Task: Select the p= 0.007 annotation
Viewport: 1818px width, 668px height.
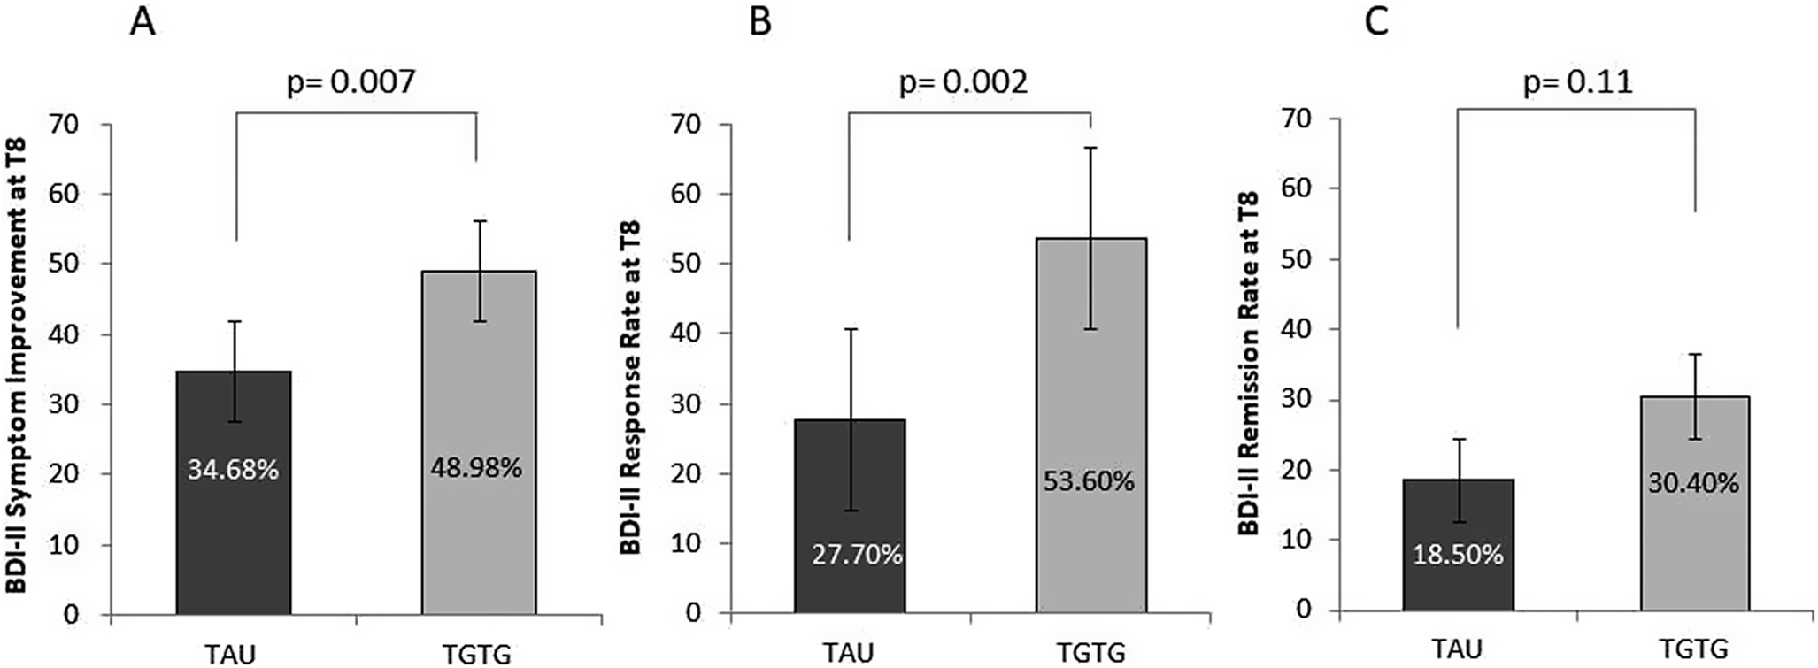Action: pyautogui.click(x=351, y=83)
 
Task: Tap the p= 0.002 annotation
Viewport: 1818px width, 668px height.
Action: pyautogui.click(x=964, y=83)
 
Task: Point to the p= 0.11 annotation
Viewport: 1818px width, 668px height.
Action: pyautogui.click(x=1577, y=83)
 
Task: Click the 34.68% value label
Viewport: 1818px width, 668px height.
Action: pyautogui.click(x=233, y=469)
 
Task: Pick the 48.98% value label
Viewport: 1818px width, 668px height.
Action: pyautogui.click(x=476, y=467)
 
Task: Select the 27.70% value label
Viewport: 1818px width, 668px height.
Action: pyautogui.click(x=857, y=555)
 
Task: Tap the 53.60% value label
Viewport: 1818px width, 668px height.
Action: pyautogui.click(x=1089, y=481)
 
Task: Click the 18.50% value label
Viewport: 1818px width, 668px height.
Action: pyautogui.click(x=1457, y=555)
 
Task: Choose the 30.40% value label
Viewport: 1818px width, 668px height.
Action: pyautogui.click(x=1693, y=483)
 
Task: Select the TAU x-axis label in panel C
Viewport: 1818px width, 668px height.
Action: pyautogui.click(x=1457, y=649)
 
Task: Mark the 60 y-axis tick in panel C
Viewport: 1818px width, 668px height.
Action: pyautogui.click(x=1297, y=188)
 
